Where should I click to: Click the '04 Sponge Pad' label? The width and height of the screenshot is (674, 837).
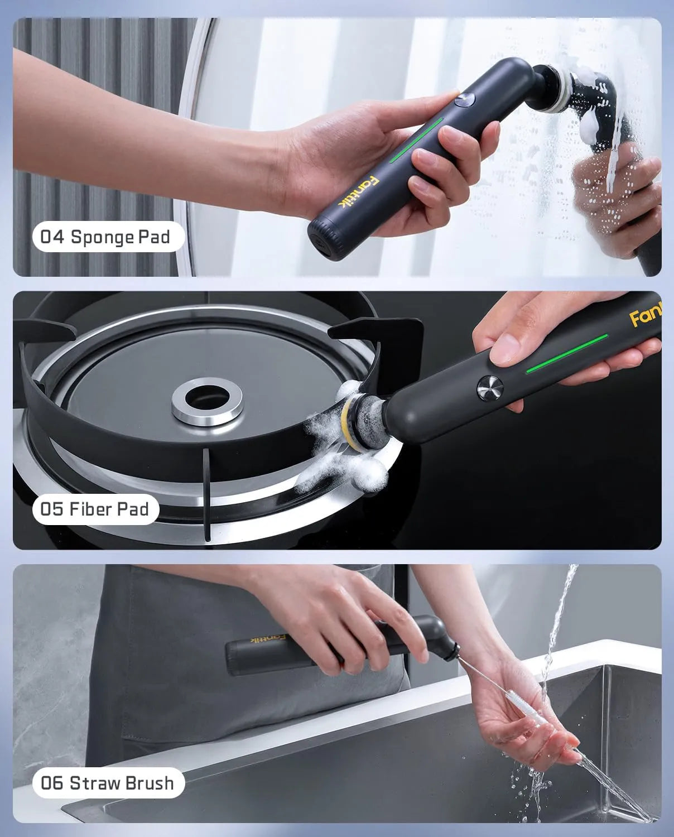tap(105, 237)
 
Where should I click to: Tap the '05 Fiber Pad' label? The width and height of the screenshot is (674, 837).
tap(95, 509)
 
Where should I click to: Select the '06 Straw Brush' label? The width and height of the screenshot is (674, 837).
tap(108, 782)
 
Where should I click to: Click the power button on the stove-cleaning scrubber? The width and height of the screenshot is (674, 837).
tap(490, 387)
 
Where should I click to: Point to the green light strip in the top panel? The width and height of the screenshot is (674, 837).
tap(416, 140)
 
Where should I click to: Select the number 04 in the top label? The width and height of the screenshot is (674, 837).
tap(53, 237)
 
